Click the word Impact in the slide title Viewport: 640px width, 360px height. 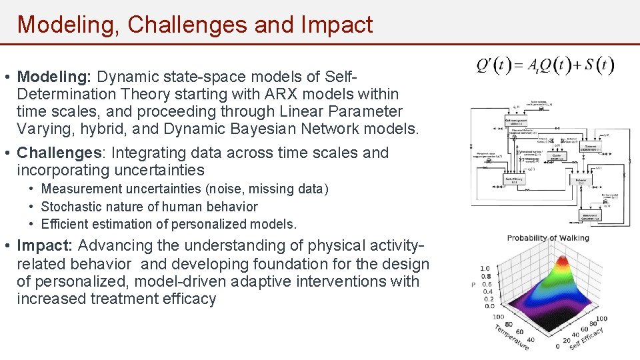click(x=337, y=25)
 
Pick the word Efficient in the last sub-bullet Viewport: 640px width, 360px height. click(x=65, y=224)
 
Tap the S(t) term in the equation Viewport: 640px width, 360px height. click(x=598, y=65)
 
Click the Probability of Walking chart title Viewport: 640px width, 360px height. click(x=548, y=238)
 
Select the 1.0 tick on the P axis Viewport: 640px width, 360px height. click(x=485, y=268)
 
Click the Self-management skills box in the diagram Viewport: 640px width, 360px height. click(x=517, y=122)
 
